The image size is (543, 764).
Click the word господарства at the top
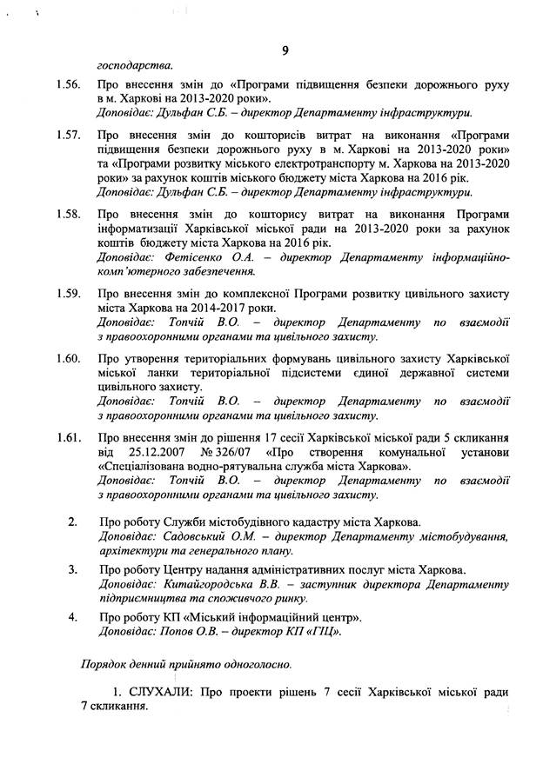pos(134,64)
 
